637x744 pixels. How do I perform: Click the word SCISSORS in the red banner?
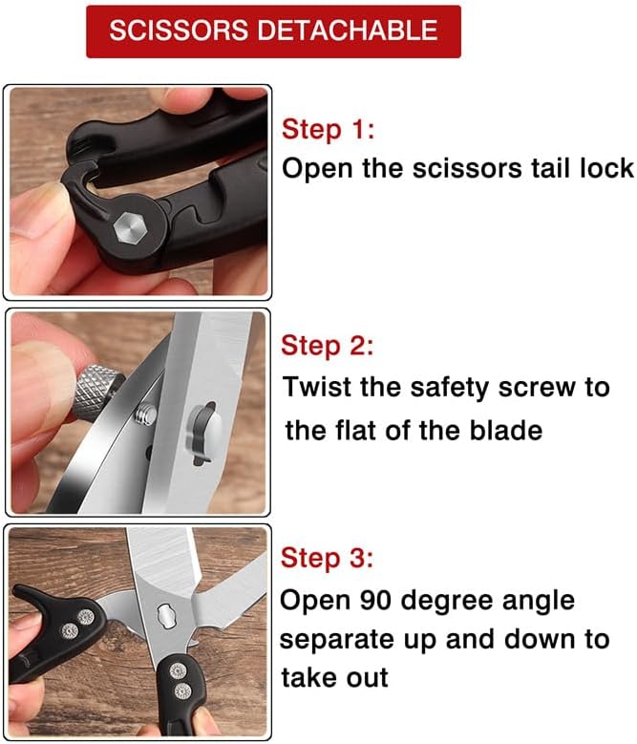pyautogui.click(x=179, y=31)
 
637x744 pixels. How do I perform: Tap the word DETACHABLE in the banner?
pyautogui.click(x=348, y=31)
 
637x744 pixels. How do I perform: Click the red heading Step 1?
pyautogui.click(x=328, y=130)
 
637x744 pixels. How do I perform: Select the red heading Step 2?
pyautogui.click(x=327, y=346)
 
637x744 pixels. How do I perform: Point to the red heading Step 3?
pyautogui.click(x=327, y=558)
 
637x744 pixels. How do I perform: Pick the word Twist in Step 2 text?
pyautogui.click(x=316, y=387)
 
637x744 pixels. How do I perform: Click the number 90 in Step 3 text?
pyautogui.click(x=375, y=600)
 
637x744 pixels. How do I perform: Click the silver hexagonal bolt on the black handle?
pyautogui.click(x=130, y=228)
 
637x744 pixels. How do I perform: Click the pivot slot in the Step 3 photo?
pyautogui.click(x=166, y=615)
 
